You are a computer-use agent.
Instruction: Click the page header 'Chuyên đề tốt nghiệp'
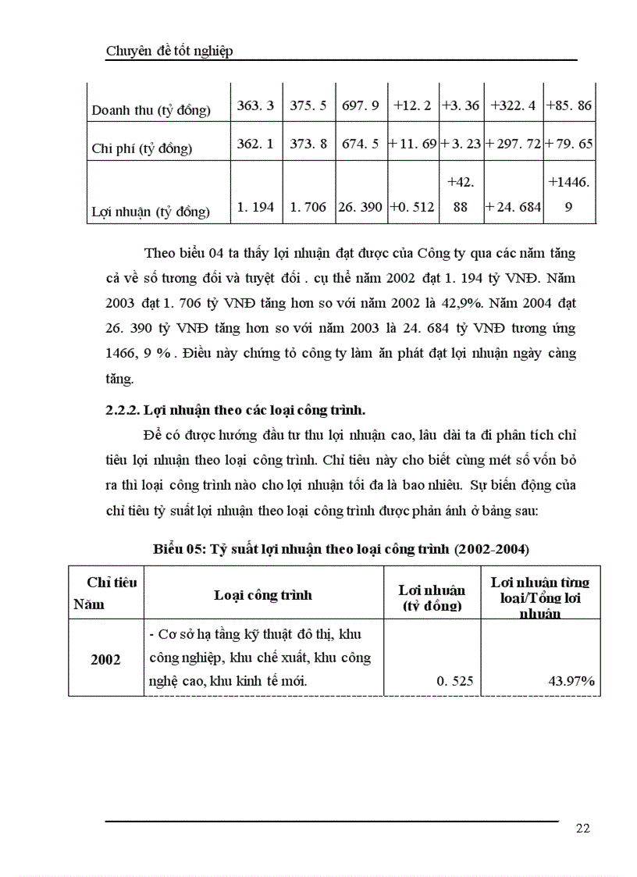tap(169, 52)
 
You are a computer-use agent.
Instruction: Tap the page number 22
tap(582, 829)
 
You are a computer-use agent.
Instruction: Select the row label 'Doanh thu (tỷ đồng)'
tap(151, 110)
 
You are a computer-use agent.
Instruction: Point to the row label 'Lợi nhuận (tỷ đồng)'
tap(151, 211)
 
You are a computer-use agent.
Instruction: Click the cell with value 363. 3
tap(255, 105)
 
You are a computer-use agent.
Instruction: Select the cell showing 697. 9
tap(361, 105)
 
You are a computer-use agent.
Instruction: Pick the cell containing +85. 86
tap(570, 105)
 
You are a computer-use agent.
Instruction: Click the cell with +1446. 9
tap(570, 194)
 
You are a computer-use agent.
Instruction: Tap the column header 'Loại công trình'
tap(263, 595)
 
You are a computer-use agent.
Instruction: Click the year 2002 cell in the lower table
tap(105, 659)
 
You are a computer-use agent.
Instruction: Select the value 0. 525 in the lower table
tap(454, 681)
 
